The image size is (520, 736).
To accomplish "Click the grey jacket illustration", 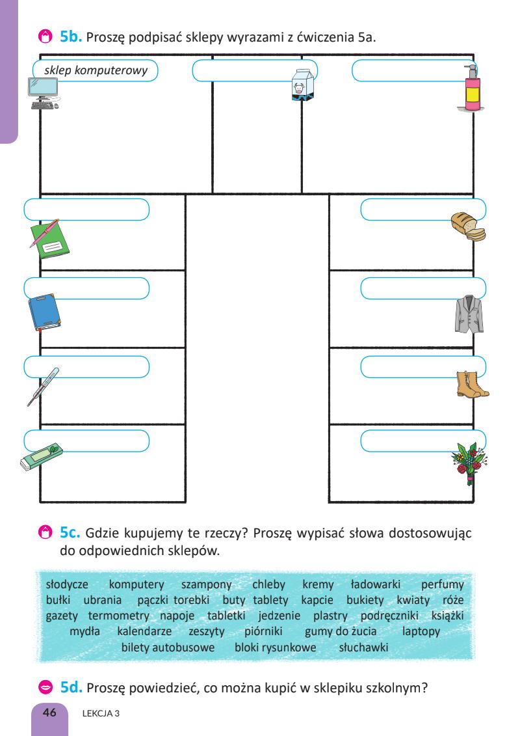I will pos(470,313).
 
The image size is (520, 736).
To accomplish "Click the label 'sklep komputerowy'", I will pos(96,70).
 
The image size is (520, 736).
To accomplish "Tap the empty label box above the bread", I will pos(422,210).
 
